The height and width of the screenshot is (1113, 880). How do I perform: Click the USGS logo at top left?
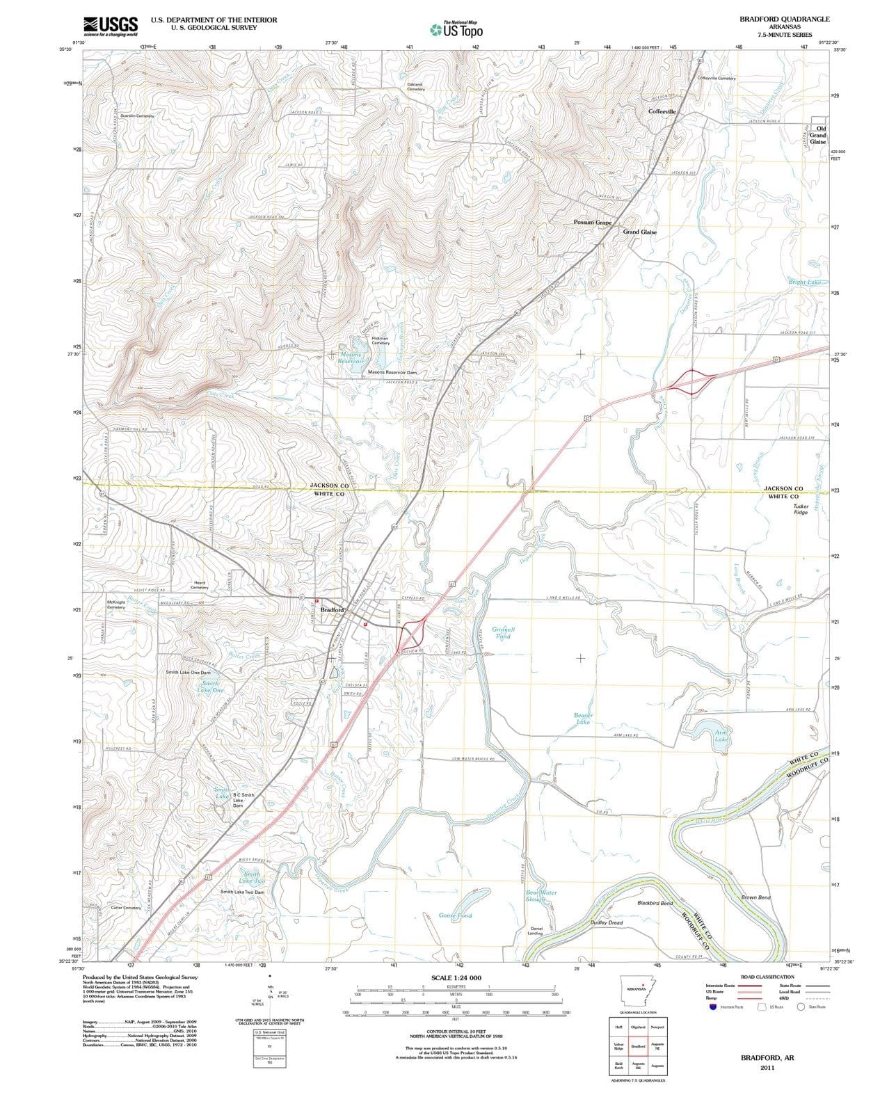(110, 26)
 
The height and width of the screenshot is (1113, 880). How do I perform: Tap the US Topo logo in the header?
(456, 30)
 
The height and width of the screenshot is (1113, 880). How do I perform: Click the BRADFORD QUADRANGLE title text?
(784, 19)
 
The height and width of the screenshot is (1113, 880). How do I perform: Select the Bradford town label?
(332, 610)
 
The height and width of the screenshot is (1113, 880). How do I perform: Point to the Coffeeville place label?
(662, 111)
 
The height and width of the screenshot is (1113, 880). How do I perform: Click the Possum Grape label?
(592, 222)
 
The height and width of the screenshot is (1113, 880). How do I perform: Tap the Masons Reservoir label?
(351, 358)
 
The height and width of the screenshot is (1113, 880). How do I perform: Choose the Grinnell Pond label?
(503, 633)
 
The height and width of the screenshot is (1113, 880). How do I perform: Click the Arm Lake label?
(721, 736)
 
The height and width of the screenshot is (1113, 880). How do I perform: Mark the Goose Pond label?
(455, 915)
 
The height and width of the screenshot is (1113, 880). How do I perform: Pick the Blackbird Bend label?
(655, 903)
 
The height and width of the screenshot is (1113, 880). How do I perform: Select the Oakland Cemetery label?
(415, 87)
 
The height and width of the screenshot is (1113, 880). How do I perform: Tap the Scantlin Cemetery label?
(137, 116)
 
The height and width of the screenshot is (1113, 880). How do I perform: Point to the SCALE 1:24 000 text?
(456, 977)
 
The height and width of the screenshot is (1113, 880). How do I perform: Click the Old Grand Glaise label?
(817, 135)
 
